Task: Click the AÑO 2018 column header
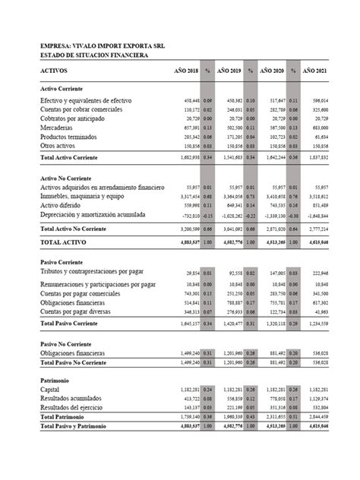pos(185,70)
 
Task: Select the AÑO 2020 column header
pos(271,70)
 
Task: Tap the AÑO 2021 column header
pos(314,70)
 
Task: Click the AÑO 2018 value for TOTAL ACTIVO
pos(187,242)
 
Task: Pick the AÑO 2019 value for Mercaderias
pos(231,128)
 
